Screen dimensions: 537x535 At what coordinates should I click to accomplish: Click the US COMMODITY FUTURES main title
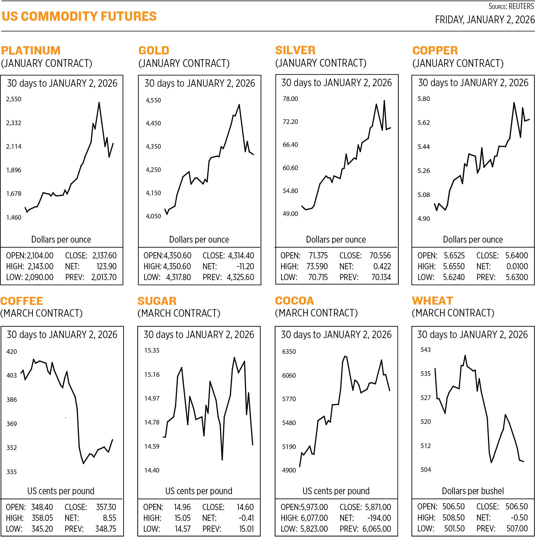coord(79,16)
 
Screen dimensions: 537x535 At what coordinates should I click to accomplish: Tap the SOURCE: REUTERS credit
coord(511,6)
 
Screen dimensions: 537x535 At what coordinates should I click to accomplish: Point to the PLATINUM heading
coord(31,51)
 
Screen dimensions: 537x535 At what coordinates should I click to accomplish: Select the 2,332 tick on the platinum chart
coord(14,123)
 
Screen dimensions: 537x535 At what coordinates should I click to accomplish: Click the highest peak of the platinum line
coord(99,103)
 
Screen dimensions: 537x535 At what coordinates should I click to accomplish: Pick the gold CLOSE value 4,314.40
coord(241,256)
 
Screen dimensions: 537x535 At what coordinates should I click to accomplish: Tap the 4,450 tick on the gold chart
coord(153,123)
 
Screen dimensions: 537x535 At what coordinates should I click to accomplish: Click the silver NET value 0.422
coord(382,266)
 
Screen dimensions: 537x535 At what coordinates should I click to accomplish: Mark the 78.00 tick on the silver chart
coord(290,99)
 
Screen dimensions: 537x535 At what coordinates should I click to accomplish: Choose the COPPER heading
coord(435,51)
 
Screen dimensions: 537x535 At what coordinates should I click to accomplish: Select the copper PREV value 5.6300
coord(517,277)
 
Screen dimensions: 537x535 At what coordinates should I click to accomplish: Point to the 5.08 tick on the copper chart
coord(424,195)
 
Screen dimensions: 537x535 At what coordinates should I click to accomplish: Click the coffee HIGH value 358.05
coord(42,518)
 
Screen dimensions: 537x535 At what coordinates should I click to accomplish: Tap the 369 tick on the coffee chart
coord(12,424)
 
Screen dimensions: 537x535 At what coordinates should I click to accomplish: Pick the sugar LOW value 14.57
coord(182,529)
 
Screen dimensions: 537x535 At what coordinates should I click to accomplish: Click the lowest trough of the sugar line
coord(222,460)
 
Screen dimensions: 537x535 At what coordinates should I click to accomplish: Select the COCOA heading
coord(294,301)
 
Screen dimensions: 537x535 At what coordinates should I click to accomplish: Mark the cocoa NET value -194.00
coord(379,518)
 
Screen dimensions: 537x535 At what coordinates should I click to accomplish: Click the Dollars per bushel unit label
coord(473,491)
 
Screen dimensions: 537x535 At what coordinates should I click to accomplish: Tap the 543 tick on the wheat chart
coord(425,350)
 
